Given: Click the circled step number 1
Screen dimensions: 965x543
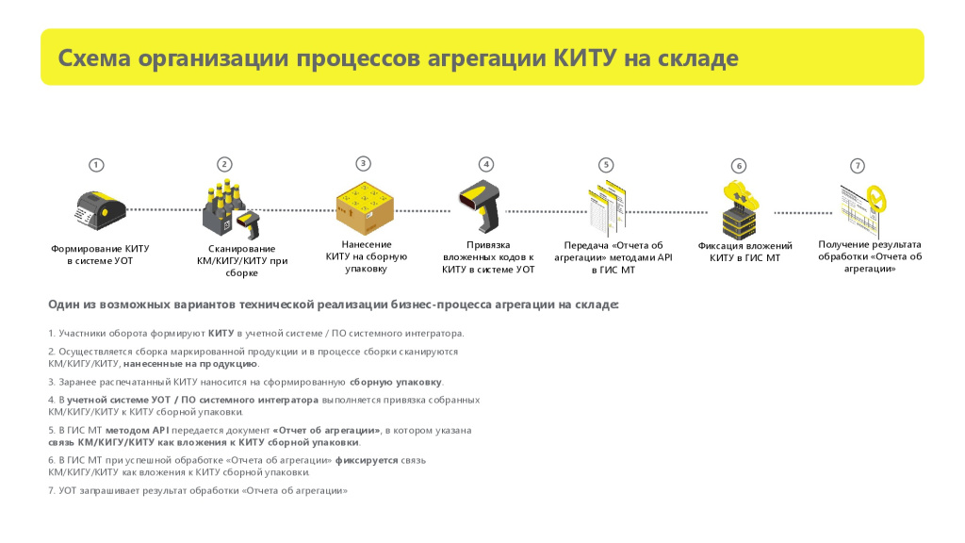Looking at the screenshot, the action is coord(96,165).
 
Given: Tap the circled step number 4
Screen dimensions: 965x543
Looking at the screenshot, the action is coord(486,164).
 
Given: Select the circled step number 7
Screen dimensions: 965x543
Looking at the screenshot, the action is coord(858,166).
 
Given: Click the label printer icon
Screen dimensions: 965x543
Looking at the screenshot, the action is coord(100,210).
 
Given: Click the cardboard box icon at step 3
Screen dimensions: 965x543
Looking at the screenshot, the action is coord(365,208).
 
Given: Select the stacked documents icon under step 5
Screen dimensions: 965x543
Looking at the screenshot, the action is coord(607,207).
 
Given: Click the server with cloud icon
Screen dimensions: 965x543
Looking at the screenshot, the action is coord(740,210).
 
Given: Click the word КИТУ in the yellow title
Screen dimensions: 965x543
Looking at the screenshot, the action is coord(584,58).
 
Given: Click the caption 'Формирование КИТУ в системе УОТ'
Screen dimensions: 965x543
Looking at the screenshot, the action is coord(100,255).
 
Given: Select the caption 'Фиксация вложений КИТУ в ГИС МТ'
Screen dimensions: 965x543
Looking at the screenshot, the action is coord(744,252).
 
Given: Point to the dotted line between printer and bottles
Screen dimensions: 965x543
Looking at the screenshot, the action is coord(164,210).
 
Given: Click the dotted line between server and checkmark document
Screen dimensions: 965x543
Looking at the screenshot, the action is coord(803,213).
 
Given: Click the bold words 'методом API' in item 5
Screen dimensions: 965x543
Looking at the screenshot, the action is coord(138,430).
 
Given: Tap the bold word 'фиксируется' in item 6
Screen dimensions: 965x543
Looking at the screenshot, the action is coord(367,460).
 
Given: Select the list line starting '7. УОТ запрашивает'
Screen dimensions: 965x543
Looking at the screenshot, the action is coord(198,490).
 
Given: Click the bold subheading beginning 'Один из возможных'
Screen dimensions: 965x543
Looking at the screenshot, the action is coord(334,304).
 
